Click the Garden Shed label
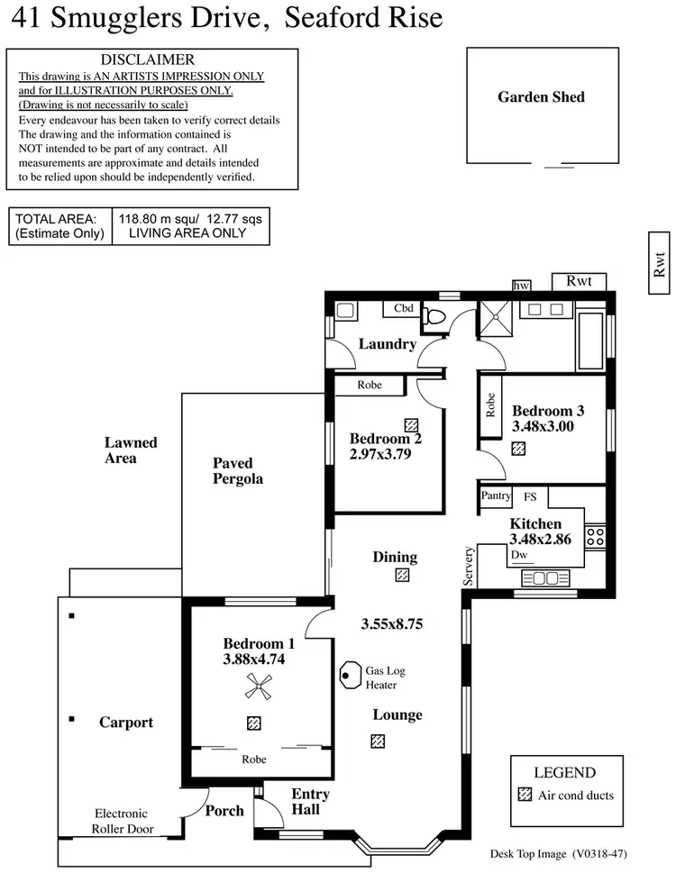click(541, 97)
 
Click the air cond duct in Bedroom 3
click(518, 448)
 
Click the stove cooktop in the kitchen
click(595, 537)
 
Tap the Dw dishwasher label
click(518, 556)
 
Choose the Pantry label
click(495, 496)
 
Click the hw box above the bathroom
click(521, 286)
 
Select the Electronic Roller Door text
click(123, 821)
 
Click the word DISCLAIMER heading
click(153, 59)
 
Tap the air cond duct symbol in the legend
click(525, 796)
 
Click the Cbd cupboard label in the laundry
click(404, 308)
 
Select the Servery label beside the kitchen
click(468, 567)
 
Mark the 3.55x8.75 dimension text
click(392, 623)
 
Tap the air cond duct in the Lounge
click(378, 741)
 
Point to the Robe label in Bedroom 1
click(254, 759)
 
